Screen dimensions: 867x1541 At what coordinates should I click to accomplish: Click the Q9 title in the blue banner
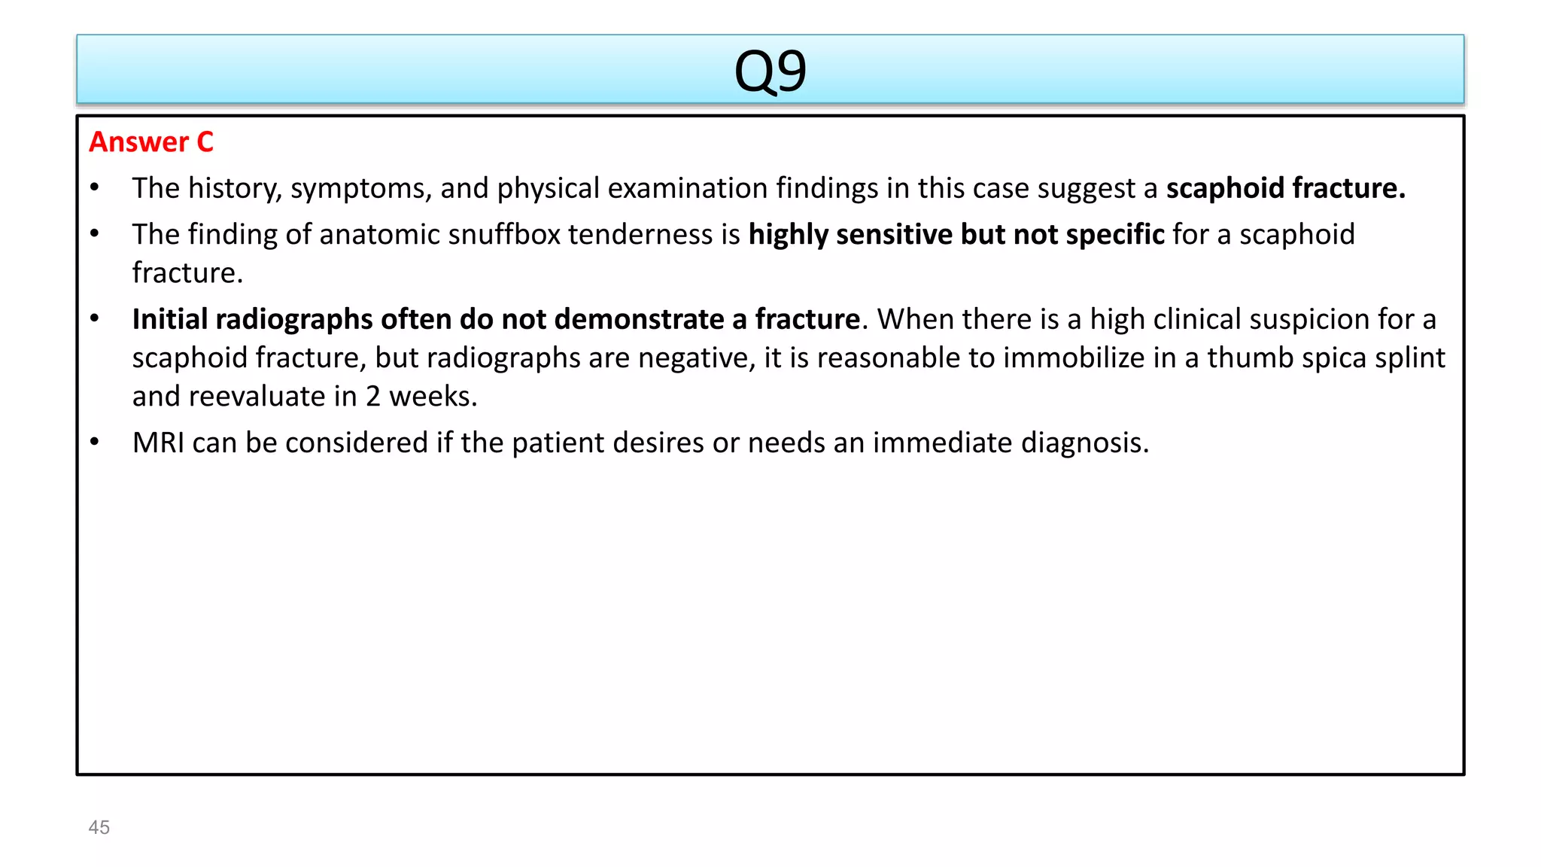[x=770, y=71]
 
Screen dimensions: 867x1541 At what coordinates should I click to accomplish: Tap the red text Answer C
[x=151, y=142]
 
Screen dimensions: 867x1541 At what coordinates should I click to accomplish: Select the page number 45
[x=99, y=827]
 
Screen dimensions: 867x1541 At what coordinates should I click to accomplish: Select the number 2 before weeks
[x=373, y=397]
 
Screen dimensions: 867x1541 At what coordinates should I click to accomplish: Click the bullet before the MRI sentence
[x=95, y=443]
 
